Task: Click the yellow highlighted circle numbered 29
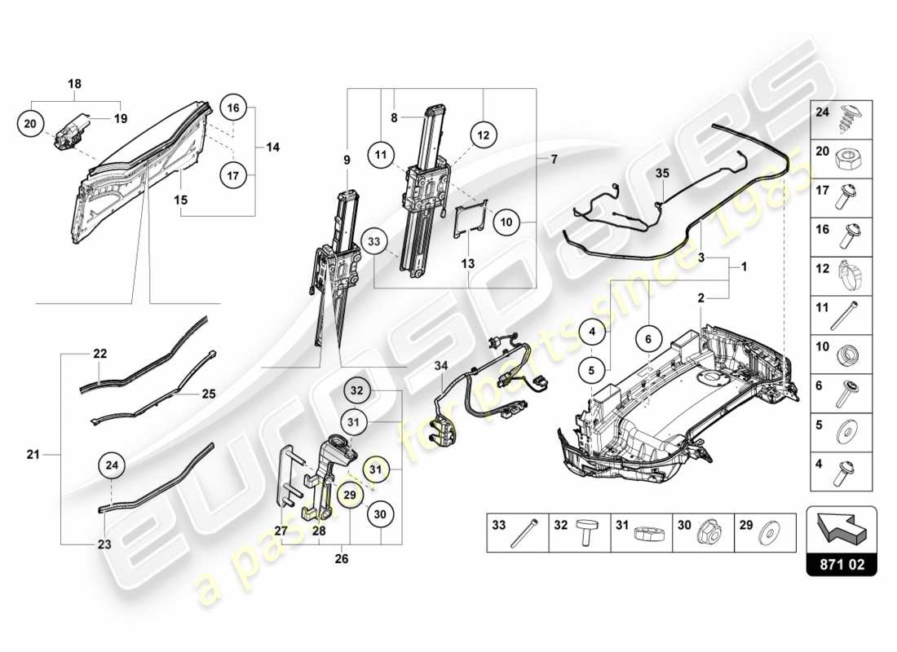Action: click(349, 494)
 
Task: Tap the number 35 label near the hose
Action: click(661, 173)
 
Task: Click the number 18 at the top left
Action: click(74, 84)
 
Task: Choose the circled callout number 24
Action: click(113, 466)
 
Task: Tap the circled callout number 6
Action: click(648, 340)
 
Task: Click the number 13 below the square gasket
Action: click(469, 263)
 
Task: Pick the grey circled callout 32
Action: click(356, 390)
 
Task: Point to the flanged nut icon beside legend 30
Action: click(706, 533)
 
